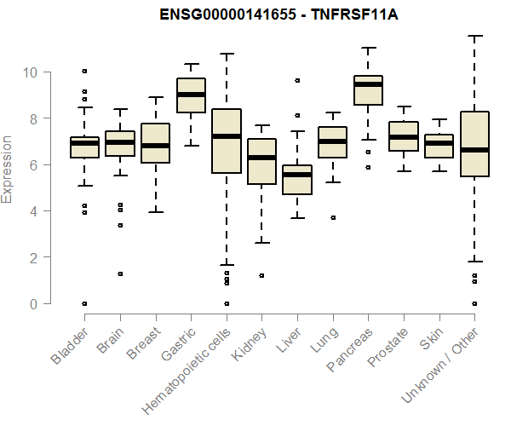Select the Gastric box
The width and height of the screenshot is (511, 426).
[191, 95]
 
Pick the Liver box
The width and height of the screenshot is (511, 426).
[297, 180]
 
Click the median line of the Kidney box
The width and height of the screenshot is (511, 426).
[261, 158]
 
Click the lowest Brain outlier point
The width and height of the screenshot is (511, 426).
[120, 273]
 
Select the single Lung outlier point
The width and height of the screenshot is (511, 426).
[333, 217]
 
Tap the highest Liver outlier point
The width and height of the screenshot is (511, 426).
[297, 80]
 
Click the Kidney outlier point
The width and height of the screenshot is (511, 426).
[261, 275]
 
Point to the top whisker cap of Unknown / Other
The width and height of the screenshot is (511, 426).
[474, 36]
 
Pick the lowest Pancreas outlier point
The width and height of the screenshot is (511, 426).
[368, 167]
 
